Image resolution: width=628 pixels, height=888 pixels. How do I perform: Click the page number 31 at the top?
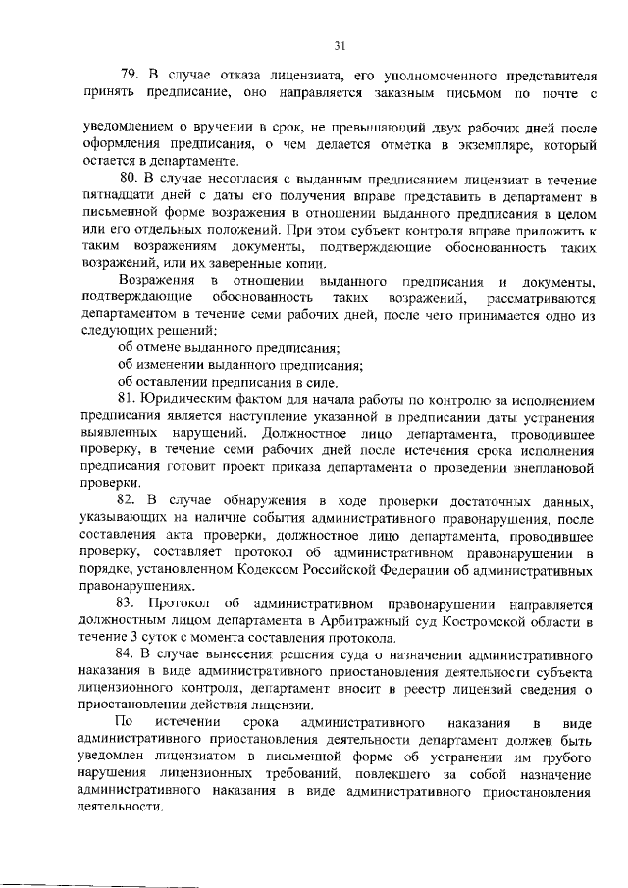(x=340, y=44)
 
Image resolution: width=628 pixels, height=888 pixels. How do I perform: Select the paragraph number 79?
(x=129, y=75)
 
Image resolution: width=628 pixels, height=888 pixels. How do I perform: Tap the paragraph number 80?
(x=129, y=178)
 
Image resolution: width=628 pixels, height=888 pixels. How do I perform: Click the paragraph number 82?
(x=129, y=501)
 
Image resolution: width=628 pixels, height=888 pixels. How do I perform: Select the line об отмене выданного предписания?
(x=229, y=348)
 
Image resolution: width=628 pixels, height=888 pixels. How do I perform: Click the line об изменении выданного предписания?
(x=239, y=365)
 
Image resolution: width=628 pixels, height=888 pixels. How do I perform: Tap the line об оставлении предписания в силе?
(x=227, y=382)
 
